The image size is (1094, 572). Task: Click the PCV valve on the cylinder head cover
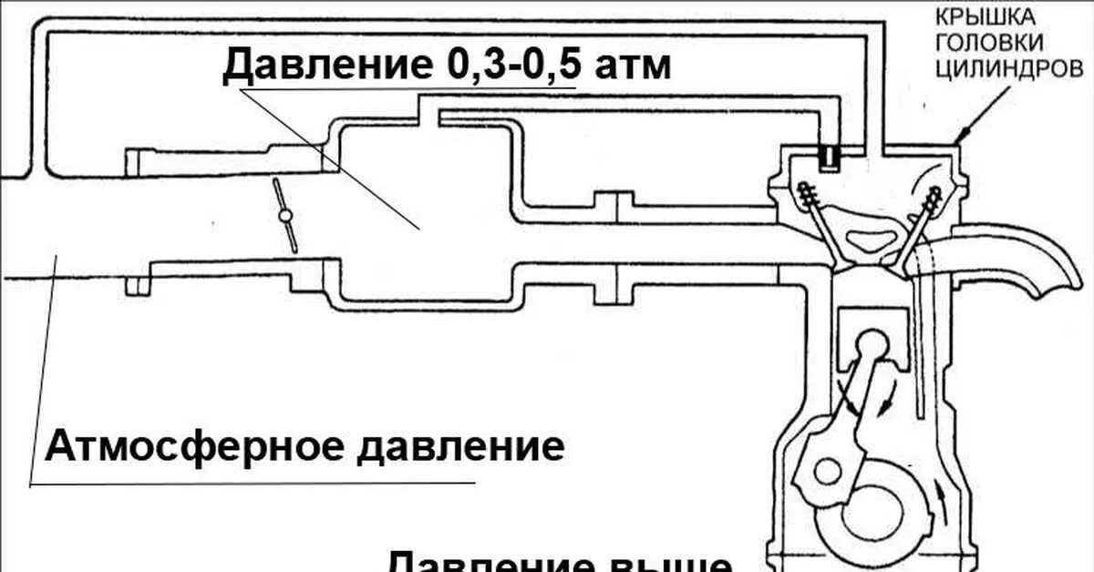830,157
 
